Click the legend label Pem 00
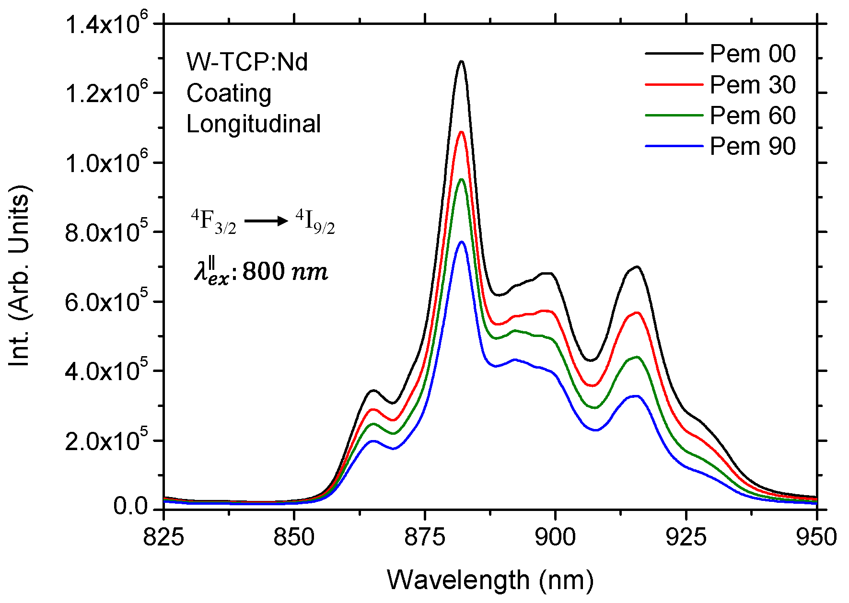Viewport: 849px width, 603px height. (752, 54)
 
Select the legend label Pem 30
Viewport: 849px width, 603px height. (752, 85)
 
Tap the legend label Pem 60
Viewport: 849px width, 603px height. (752, 116)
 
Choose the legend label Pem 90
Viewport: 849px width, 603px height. (752, 146)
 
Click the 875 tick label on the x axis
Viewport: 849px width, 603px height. (425, 537)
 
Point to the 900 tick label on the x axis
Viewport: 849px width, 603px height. (555, 537)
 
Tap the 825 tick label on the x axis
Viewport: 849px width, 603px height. (163, 537)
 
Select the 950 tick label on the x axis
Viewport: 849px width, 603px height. (816, 537)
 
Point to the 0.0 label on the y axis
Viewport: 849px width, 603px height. (130, 507)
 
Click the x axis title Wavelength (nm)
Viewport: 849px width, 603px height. (490, 580)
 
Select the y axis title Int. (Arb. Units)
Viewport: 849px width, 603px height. (20, 275)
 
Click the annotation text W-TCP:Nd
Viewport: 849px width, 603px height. (247, 62)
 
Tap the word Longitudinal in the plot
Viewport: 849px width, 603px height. (253, 124)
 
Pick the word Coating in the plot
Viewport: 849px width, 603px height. (229, 93)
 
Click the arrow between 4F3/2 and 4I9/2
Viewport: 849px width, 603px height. (266, 221)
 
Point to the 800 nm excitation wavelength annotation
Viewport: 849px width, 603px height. (261, 272)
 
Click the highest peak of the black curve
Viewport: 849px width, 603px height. (462, 61)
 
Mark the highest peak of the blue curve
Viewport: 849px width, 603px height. (462, 242)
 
